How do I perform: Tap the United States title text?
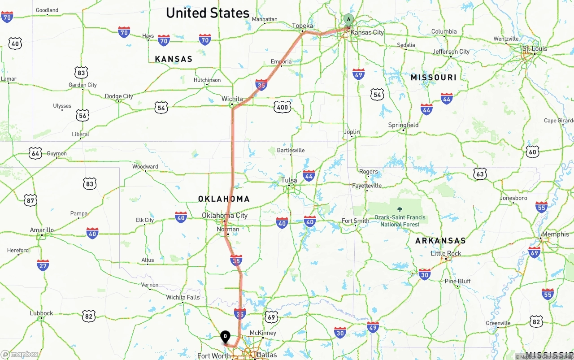[208, 13]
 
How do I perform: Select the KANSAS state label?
[174, 59]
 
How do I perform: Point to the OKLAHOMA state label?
[224, 199]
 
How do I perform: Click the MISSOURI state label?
[434, 78]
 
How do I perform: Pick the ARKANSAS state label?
[440, 241]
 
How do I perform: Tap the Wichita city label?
[232, 99]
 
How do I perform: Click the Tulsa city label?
[289, 180]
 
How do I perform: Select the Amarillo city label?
[42, 230]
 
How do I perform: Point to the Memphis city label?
[555, 234]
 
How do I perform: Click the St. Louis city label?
[535, 48]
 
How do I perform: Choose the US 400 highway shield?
[283, 107]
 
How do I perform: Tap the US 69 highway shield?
[271, 317]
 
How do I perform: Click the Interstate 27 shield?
[43, 265]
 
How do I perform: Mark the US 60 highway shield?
[532, 152]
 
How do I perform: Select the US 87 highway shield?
[30, 200]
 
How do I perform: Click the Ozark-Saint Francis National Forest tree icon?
[400, 209]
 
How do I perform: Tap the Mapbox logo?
[20, 354]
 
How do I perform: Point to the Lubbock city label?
[41, 313]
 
